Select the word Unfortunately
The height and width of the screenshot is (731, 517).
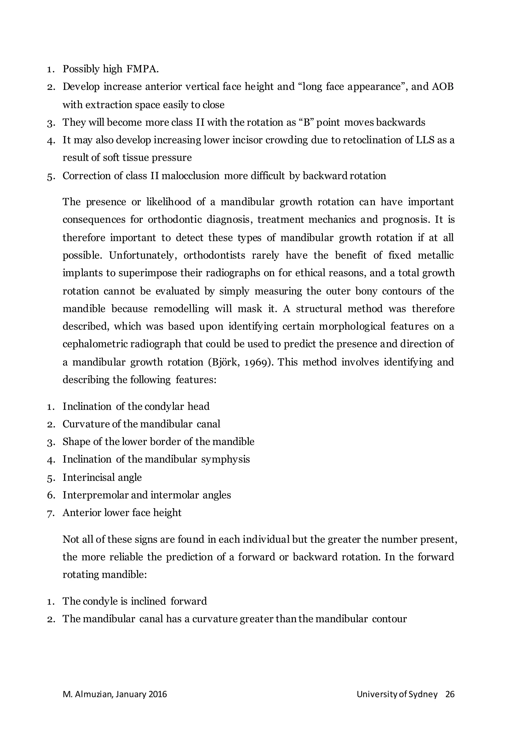click(x=143, y=255)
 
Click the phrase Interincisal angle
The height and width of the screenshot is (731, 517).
click(x=102, y=478)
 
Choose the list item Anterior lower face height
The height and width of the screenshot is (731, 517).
click(x=122, y=513)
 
